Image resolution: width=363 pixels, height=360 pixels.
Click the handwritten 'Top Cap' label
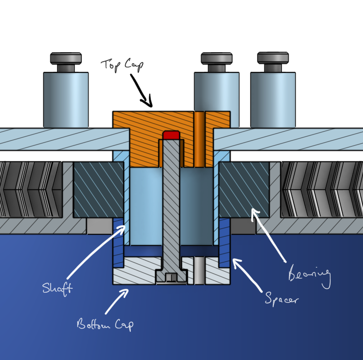[122, 64]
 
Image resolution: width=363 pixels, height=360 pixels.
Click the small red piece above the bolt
[171, 135]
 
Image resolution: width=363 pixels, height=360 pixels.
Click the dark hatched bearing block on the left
[98, 189]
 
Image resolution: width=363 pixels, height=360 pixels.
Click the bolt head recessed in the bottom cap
[171, 276]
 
